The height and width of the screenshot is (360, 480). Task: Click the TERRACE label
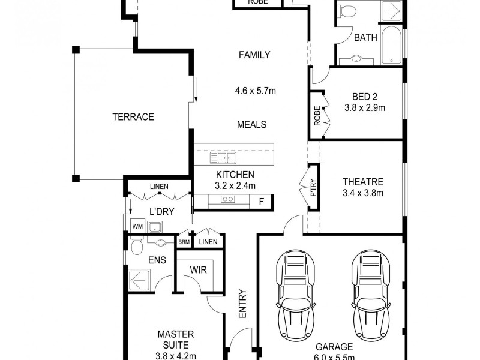coord(133,117)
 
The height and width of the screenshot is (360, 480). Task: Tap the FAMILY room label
coord(254,55)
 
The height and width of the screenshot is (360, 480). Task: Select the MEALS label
coord(252,125)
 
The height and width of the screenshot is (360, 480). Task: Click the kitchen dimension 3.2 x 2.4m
coord(236,185)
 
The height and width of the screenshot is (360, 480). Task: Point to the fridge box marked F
coord(261,202)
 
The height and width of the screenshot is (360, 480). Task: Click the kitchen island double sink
coord(223,158)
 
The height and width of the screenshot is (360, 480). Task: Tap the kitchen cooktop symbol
coord(228,199)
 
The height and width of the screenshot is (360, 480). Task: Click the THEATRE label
coord(362,182)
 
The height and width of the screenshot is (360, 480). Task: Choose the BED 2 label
coord(364,97)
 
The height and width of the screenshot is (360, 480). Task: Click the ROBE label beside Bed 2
coord(317,115)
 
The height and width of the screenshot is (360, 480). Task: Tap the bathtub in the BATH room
coord(392,46)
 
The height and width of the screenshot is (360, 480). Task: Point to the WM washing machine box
coord(137,226)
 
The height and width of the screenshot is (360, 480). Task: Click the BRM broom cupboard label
coord(183,242)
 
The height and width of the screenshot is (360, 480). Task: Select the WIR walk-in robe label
coord(199,270)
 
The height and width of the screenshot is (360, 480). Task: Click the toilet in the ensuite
coord(136,247)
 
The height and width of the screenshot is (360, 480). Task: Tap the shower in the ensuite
coord(142,280)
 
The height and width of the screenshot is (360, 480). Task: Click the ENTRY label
coord(242,305)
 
